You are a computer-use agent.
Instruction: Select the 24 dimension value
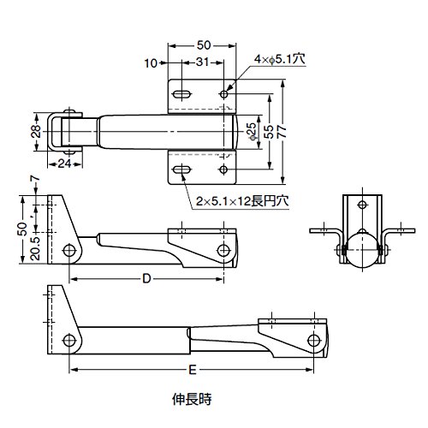pos(65,163)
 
